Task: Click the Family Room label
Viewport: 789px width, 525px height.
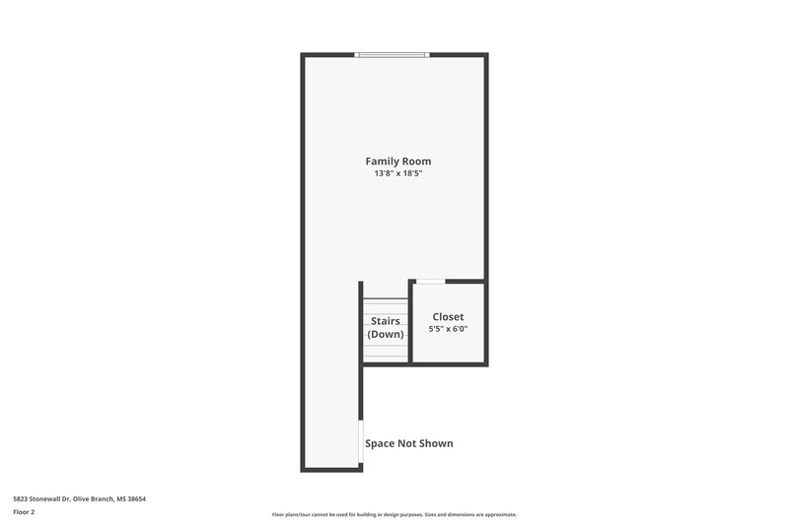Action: (x=397, y=161)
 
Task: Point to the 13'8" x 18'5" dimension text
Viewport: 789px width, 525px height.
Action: (x=397, y=173)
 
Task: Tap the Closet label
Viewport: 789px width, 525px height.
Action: (x=448, y=317)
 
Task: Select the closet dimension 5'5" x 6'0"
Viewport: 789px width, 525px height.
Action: (x=448, y=329)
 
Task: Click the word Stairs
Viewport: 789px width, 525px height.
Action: (x=386, y=321)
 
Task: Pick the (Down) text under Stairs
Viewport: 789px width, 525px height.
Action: (x=386, y=334)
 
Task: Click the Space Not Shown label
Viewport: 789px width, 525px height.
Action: (x=409, y=443)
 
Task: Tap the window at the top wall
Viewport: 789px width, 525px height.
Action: (x=393, y=54)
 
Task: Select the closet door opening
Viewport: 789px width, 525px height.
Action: (x=430, y=283)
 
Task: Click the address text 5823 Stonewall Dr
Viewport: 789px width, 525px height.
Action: (x=40, y=498)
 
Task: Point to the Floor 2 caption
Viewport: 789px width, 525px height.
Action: (x=24, y=512)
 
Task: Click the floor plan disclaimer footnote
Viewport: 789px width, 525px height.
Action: (x=394, y=514)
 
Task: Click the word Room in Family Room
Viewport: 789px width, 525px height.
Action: (x=416, y=161)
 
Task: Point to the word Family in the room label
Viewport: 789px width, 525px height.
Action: (x=382, y=161)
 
